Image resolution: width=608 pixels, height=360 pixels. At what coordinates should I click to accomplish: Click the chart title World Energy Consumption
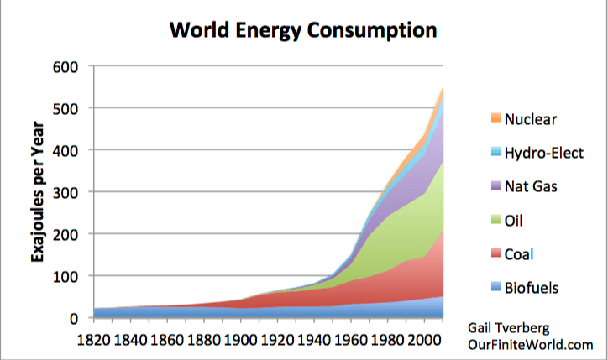(x=303, y=31)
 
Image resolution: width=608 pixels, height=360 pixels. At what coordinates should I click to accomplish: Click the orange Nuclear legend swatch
(x=492, y=119)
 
